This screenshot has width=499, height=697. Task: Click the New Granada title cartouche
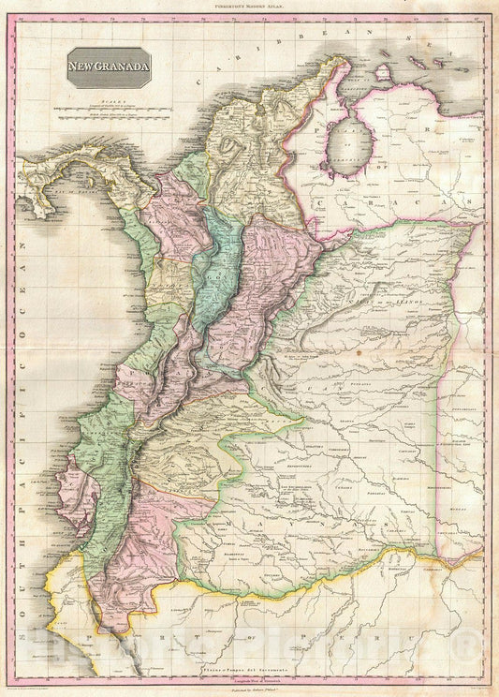coord(109,67)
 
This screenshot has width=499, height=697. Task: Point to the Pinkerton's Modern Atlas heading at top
coord(249,7)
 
